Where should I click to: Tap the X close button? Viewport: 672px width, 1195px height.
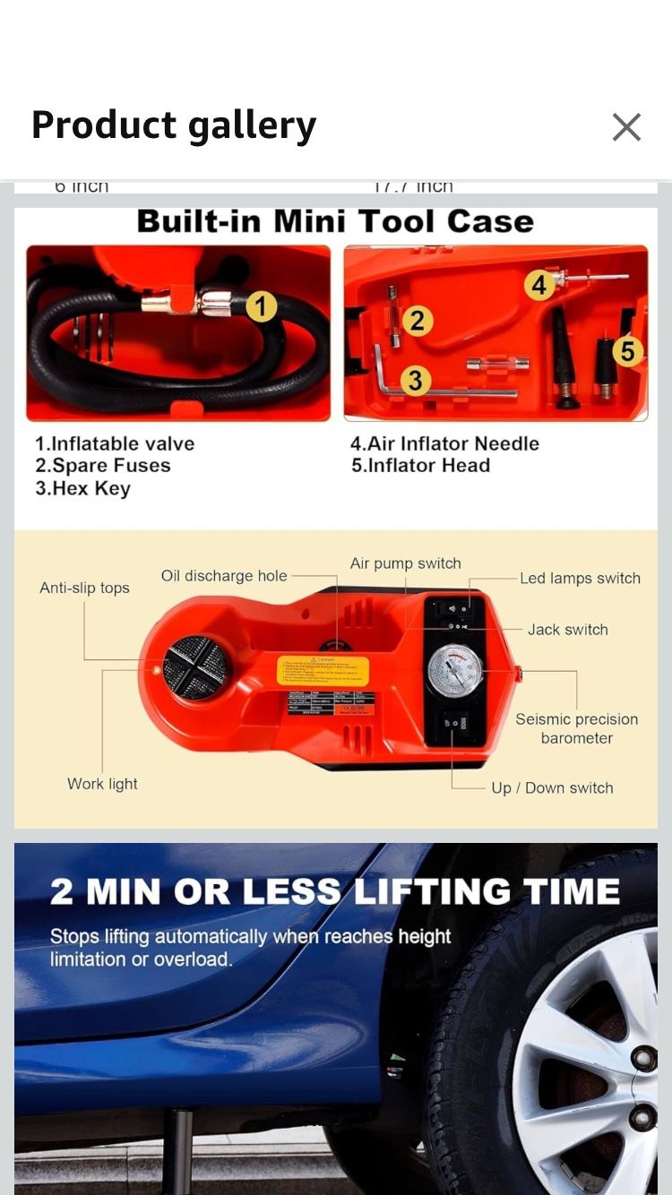pyautogui.click(x=626, y=127)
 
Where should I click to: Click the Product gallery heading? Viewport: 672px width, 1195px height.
pyautogui.click(x=174, y=125)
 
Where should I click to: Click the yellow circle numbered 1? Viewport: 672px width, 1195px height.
pyautogui.click(x=261, y=308)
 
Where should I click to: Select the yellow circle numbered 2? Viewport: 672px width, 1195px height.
pyautogui.click(x=417, y=321)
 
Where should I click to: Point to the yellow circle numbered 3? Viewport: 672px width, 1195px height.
pyautogui.click(x=414, y=381)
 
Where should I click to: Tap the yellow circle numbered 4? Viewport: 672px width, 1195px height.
pyautogui.click(x=538, y=285)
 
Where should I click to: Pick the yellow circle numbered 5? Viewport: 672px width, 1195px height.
pyautogui.click(x=627, y=351)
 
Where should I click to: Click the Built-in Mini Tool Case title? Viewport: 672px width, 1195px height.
pyautogui.click(x=335, y=221)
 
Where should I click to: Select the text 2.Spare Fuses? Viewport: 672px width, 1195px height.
pyautogui.click(x=102, y=466)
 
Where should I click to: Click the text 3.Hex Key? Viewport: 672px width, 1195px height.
pyautogui.click(x=82, y=489)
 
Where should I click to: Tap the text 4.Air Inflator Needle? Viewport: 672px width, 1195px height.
pyautogui.click(x=444, y=443)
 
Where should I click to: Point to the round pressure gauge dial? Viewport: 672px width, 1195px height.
pyautogui.click(x=454, y=670)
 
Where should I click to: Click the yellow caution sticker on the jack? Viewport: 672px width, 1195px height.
pyautogui.click(x=323, y=670)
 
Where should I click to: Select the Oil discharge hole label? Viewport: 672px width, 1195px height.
pyautogui.click(x=224, y=576)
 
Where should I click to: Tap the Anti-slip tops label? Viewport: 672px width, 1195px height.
pyautogui.click(x=84, y=588)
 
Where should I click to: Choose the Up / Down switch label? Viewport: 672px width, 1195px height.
pyautogui.click(x=552, y=788)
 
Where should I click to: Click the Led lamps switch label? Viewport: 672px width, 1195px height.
pyautogui.click(x=580, y=579)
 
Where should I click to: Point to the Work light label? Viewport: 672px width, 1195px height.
pyautogui.click(x=102, y=784)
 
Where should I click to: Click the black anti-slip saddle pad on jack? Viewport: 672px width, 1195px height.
pyautogui.click(x=197, y=667)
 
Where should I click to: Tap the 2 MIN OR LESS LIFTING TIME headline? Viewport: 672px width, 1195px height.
pyautogui.click(x=335, y=891)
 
